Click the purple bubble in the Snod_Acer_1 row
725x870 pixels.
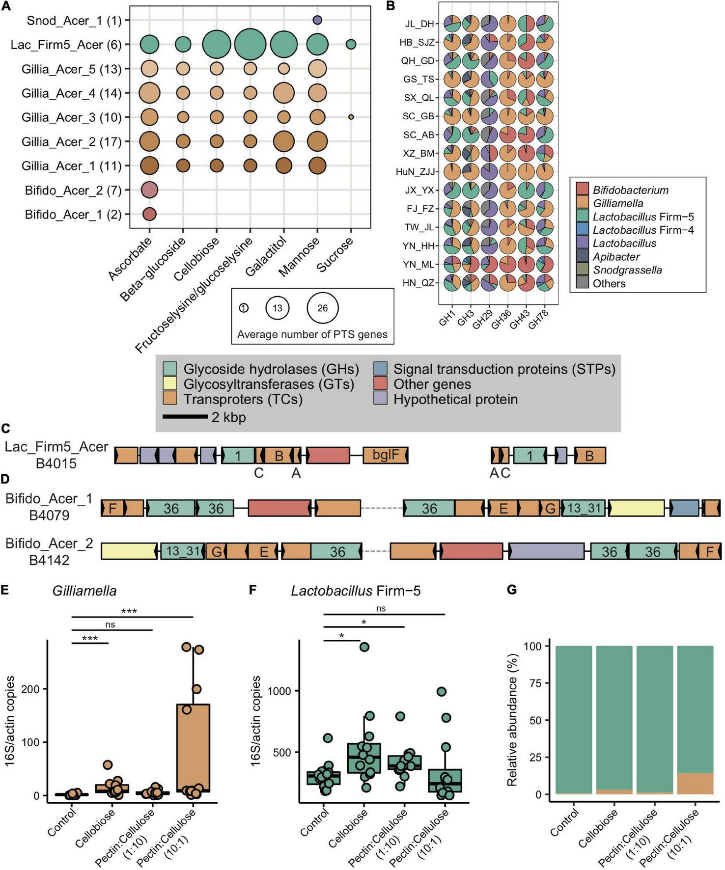(317, 20)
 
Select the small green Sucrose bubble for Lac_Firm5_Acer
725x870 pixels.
(351, 44)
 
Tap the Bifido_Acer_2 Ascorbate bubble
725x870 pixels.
(150, 190)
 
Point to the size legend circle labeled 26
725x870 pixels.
(322, 308)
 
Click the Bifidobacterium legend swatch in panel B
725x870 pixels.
(582, 190)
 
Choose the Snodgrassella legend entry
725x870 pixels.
(627, 270)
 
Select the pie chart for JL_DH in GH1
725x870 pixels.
(452, 23)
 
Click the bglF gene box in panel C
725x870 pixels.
(386, 455)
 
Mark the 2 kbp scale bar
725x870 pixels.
(185, 417)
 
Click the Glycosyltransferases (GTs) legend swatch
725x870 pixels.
(170, 384)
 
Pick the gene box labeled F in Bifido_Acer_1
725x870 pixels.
(112, 508)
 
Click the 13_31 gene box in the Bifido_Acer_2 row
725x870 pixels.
(182, 551)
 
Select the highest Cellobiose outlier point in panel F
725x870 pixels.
(364, 647)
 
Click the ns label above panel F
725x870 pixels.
(381, 609)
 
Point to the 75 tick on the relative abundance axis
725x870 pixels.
(535, 683)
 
